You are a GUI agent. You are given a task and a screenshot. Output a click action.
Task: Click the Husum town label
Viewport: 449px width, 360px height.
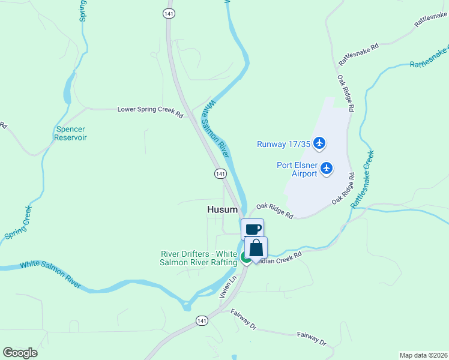click(x=222, y=209)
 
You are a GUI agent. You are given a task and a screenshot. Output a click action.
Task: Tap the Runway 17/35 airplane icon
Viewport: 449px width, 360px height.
click(x=319, y=143)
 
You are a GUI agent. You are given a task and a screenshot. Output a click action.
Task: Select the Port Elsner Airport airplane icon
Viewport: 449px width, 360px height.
click(x=327, y=168)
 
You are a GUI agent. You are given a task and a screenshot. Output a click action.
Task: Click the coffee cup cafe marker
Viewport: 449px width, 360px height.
click(x=253, y=229)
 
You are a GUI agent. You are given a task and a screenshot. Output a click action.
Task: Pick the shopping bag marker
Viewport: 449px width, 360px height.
click(x=256, y=248)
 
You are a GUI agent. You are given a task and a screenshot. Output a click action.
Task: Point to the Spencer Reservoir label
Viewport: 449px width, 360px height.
click(x=71, y=133)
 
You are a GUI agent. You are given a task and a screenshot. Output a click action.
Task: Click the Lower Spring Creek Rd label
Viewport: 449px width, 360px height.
click(x=150, y=109)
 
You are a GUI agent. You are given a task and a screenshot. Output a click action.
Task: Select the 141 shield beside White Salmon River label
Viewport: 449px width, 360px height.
click(x=221, y=173)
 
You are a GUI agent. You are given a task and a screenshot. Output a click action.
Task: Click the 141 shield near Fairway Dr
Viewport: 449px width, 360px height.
click(x=202, y=321)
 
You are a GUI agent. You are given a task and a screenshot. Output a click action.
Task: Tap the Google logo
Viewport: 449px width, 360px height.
click(x=20, y=352)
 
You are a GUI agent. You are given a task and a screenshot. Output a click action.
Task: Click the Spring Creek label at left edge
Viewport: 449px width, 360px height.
click(x=18, y=223)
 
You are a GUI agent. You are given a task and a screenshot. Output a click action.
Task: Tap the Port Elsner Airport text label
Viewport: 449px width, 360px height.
click(x=297, y=169)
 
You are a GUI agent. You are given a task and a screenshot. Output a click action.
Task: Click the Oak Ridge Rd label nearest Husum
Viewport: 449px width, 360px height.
click(x=274, y=211)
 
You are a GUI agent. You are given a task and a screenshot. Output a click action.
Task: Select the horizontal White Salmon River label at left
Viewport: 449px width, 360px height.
click(x=50, y=272)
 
